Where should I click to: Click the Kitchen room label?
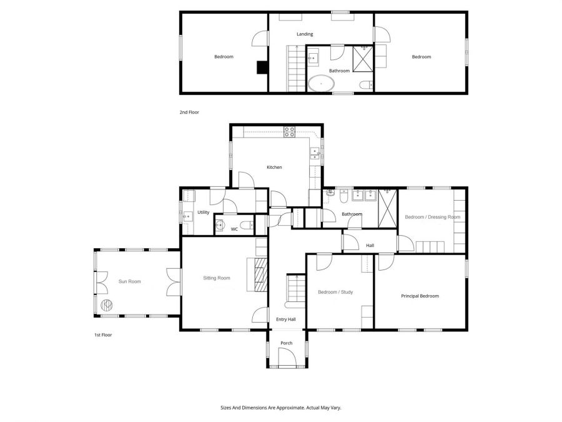[274, 167]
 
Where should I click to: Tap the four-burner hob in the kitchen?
[290, 132]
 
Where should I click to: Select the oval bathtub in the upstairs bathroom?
[321, 84]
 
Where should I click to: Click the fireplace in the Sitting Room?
[257, 274]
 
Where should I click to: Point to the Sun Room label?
[130, 281]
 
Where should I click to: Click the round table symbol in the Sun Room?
[106, 305]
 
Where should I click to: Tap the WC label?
[234, 229]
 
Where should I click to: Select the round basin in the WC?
[220, 225]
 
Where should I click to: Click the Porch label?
[287, 343]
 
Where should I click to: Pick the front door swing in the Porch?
[287, 357]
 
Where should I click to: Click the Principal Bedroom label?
[420, 296]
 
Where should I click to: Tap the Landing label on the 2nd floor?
[305, 34]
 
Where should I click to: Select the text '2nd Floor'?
[189, 113]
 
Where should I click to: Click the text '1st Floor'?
[103, 335]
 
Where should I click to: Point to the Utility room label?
[203, 213]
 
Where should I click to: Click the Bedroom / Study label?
[335, 292]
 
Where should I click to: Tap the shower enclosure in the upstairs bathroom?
[363, 59]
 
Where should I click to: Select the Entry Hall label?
[286, 319]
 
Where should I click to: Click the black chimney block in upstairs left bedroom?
[262, 68]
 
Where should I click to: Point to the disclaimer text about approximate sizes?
[281, 408]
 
